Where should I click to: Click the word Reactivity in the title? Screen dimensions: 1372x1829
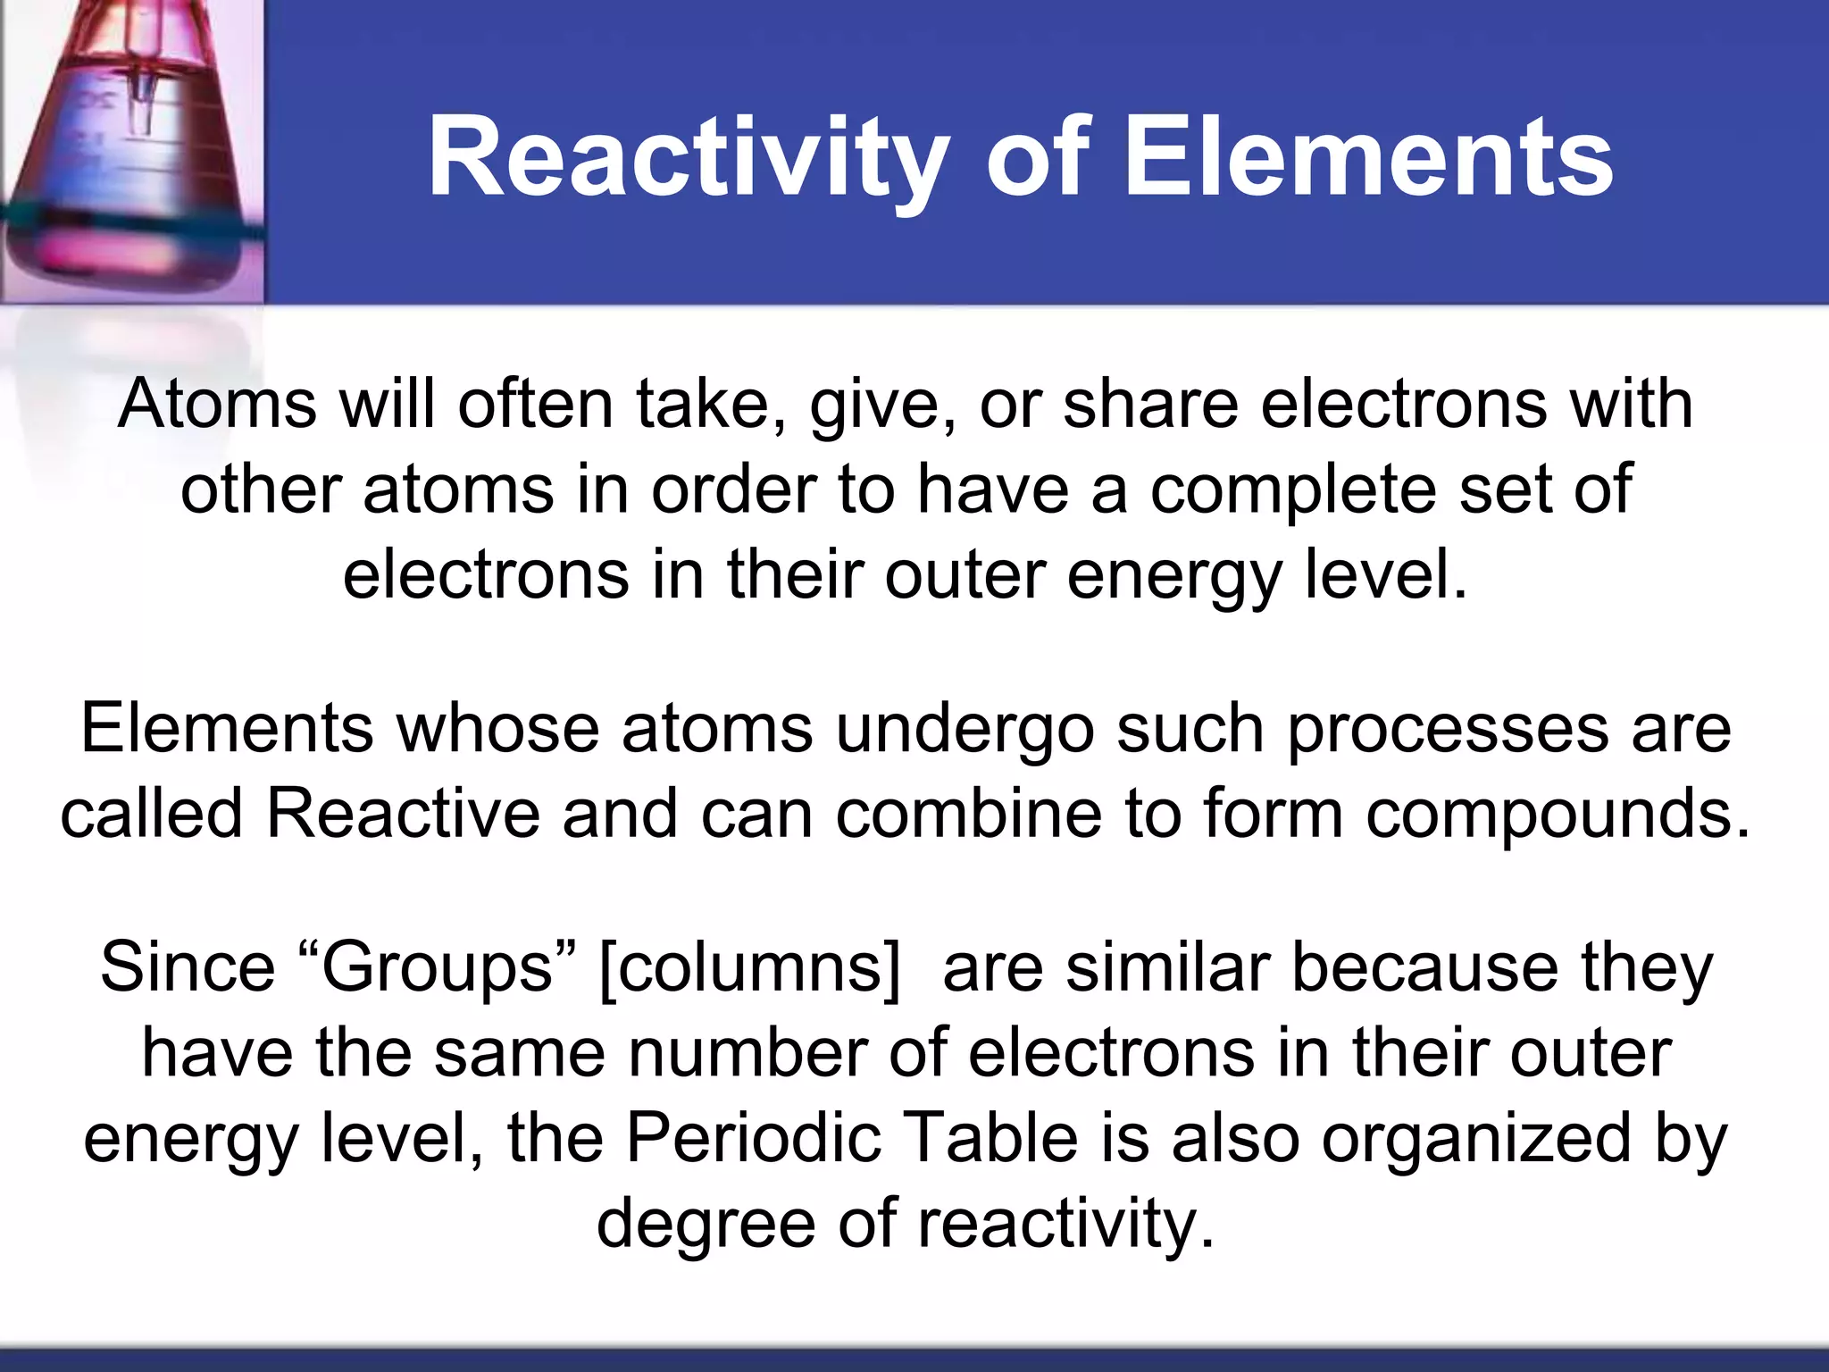point(688,159)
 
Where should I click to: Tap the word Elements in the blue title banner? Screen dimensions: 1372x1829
point(1368,159)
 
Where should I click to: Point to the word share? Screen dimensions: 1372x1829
point(1150,404)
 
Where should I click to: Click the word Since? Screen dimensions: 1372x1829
point(188,967)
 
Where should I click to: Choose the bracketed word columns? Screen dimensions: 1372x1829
point(750,967)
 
